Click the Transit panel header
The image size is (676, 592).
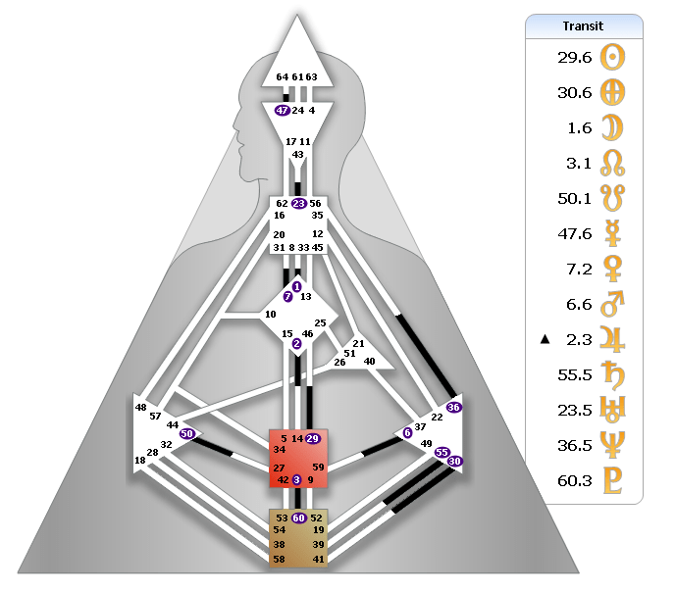(584, 26)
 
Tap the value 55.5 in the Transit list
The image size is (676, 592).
(574, 375)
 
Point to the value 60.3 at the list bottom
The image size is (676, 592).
(574, 481)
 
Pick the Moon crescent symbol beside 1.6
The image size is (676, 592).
(613, 128)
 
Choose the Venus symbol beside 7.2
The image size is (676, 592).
(613, 270)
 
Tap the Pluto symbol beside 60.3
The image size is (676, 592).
(613, 481)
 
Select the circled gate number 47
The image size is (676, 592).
(283, 111)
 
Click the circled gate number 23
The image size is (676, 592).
(298, 204)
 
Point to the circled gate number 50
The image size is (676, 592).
(187, 432)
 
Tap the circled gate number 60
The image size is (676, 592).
(298, 518)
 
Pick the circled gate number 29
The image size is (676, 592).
(313, 437)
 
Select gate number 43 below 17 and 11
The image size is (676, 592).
(298, 154)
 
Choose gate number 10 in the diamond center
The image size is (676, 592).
(270, 315)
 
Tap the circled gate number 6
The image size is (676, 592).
(407, 432)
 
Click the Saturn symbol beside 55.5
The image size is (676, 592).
(613, 375)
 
